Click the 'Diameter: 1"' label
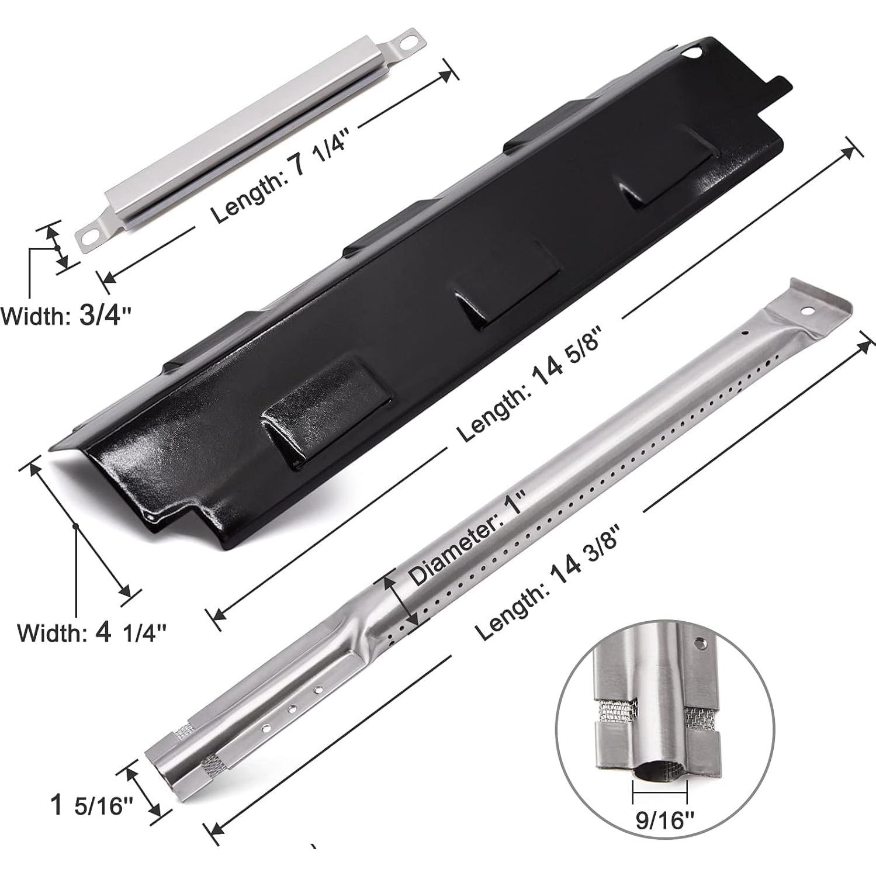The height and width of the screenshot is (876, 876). click(468, 538)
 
